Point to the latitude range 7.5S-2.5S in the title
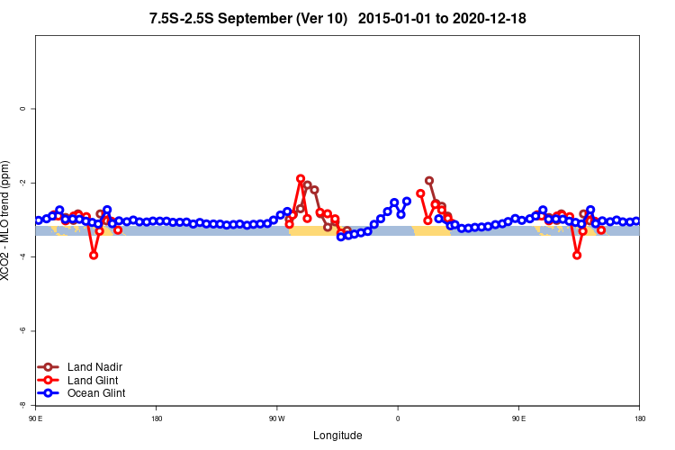coord(193,19)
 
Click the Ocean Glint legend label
coord(96,392)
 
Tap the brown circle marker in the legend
coord(49,366)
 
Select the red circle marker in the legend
coord(49,380)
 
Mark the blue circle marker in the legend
coord(49,392)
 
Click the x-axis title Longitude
coord(337,436)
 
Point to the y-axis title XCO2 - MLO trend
coord(7,221)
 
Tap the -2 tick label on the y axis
coord(22,183)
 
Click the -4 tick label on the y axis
coord(22,256)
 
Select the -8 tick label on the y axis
coord(22,405)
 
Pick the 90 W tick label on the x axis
coord(276,418)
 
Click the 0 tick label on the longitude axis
coord(398,418)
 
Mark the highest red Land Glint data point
coord(301,178)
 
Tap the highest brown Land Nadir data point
coord(429,180)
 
